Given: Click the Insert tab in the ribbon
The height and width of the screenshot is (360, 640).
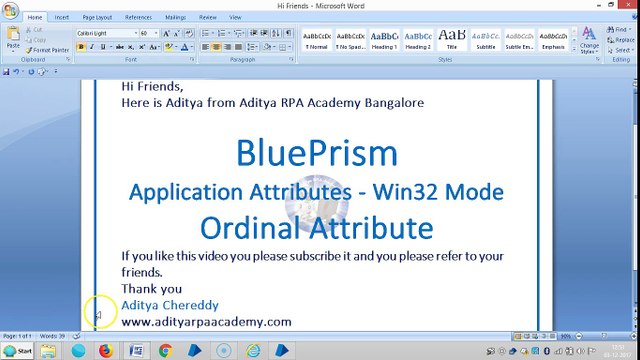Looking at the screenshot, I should tap(62, 17).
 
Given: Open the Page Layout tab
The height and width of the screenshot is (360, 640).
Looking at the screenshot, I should tap(97, 17).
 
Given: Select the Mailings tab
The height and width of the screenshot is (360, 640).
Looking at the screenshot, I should tap(175, 17).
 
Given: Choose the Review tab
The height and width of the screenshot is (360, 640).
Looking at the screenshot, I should tap(208, 17).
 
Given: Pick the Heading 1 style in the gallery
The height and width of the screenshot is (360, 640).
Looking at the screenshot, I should tap(384, 40).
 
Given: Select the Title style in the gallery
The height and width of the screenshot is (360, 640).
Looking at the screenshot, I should tap(452, 40).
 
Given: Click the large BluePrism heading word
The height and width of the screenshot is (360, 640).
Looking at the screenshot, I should tap(316, 152).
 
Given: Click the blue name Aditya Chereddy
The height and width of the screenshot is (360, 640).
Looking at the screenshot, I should tap(169, 305).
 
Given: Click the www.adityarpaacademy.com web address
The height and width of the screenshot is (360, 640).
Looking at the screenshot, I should tap(206, 321).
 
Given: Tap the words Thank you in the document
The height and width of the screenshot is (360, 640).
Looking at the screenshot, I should tap(151, 289).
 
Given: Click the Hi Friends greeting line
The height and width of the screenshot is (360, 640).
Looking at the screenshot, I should tap(152, 87).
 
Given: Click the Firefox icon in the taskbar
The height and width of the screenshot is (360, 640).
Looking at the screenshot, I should tap(105, 351).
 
